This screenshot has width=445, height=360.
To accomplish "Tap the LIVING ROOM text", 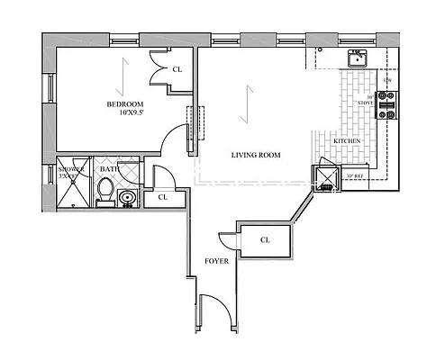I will (x=256, y=155).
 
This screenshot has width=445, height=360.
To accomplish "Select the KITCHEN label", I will (x=348, y=142).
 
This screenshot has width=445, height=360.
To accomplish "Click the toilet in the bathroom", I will (x=104, y=192).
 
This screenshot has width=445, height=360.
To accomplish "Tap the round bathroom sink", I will (x=129, y=196).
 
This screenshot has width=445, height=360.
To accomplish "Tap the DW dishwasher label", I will (x=387, y=82).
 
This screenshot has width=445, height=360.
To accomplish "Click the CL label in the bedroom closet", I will (x=177, y=69).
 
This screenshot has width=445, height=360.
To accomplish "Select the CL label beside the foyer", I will (x=265, y=240).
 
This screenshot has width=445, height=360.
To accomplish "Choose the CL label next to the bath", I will (x=163, y=197).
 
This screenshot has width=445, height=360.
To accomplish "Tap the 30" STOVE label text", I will (x=366, y=99).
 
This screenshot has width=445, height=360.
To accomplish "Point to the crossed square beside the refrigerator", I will (x=324, y=175).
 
